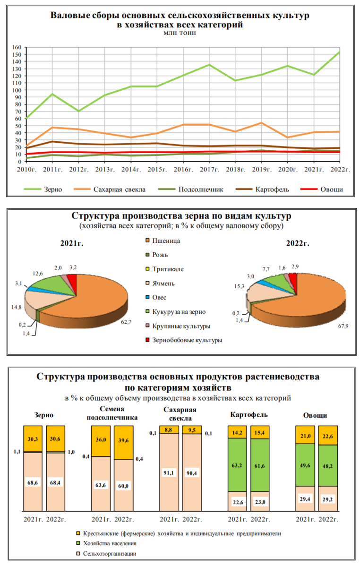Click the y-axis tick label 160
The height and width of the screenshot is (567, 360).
coord(16,47)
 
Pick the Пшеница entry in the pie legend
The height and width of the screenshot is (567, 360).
coord(166,241)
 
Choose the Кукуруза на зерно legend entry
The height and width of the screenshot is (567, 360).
coord(179,312)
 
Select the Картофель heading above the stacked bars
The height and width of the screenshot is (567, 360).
coord(249,414)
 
